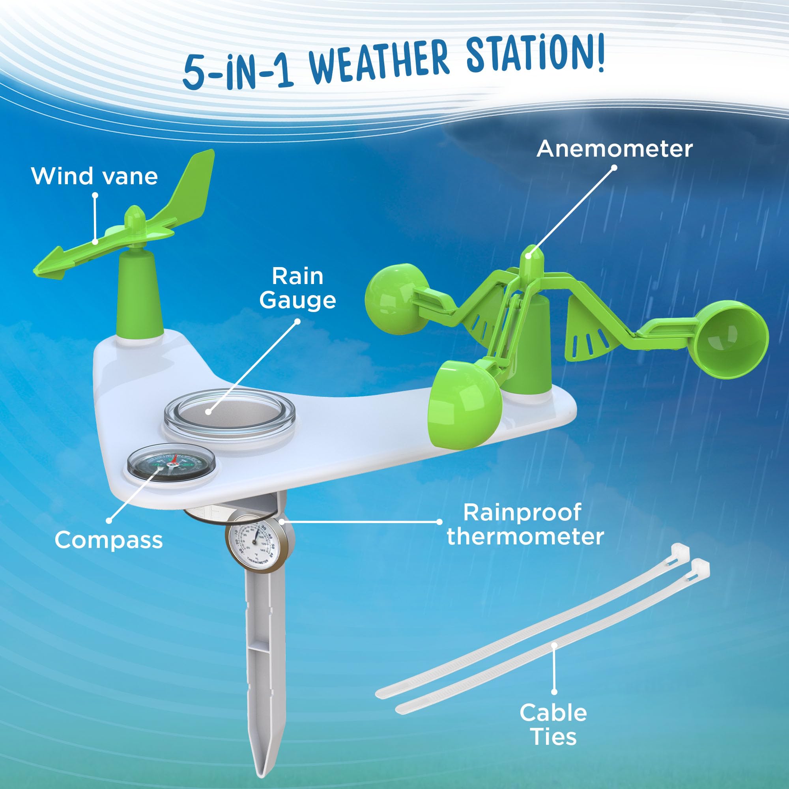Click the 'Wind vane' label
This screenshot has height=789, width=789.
(94, 176)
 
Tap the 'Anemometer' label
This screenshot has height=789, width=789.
(615, 149)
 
